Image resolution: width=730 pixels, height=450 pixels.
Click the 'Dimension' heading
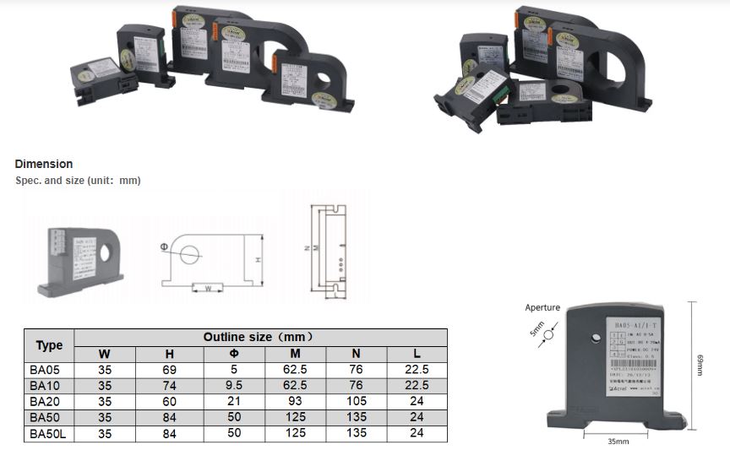click(x=44, y=164)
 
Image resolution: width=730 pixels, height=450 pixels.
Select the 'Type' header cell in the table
click(x=49, y=345)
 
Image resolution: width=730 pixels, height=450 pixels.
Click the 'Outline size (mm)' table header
click(x=259, y=337)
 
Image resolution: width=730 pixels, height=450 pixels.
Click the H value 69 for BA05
click(x=169, y=370)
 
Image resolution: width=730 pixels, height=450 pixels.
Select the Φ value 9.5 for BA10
click(x=234, y=386)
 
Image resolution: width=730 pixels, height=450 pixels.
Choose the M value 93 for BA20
click(x=295, y=402)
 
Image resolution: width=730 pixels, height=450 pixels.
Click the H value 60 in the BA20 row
click(x=169, y=402)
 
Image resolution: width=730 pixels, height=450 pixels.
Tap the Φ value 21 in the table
click(x=234, y=402)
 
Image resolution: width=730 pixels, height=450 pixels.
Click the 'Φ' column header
click(x=234, y=354)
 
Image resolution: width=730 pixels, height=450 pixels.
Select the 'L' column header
click(x=417, y=354)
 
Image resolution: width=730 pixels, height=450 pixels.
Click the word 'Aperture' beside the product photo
click(x=542, y=307)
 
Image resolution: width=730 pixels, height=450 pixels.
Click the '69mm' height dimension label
click(x=700, y=365)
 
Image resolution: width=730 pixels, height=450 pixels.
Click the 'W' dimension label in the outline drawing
click(x=207, y=288)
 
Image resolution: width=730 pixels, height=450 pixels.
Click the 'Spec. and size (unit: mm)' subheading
click(x=78, y=181)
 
